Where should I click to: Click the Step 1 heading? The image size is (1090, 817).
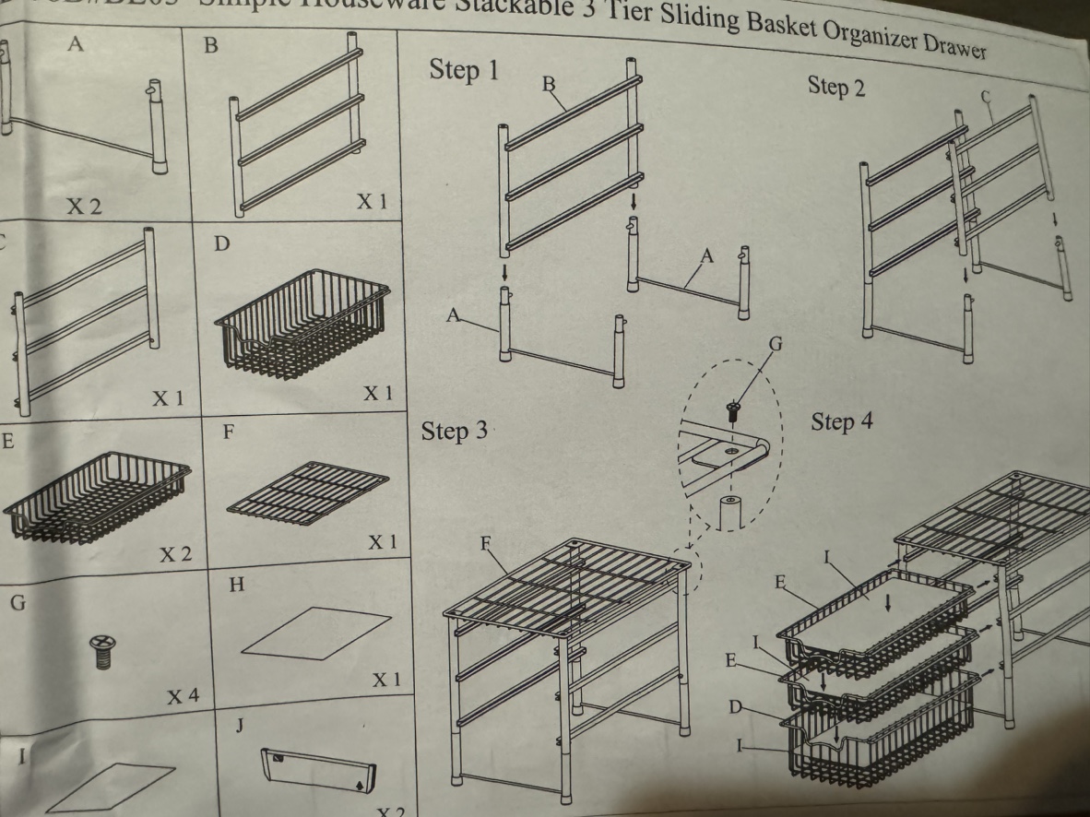[x=464, y=71]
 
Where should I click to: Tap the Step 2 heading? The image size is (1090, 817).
[x=836, y=87]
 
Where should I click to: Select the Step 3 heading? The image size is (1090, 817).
[x=455, y=432]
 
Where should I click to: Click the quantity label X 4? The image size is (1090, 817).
[x=182, y=696]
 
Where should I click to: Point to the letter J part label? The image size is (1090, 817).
[x=239, y=726]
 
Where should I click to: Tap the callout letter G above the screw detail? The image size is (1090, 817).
[x=776, y=345]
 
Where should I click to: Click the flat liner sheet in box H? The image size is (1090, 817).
[x=315, y=634]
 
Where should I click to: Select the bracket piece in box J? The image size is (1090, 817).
[x=319, y=769]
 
